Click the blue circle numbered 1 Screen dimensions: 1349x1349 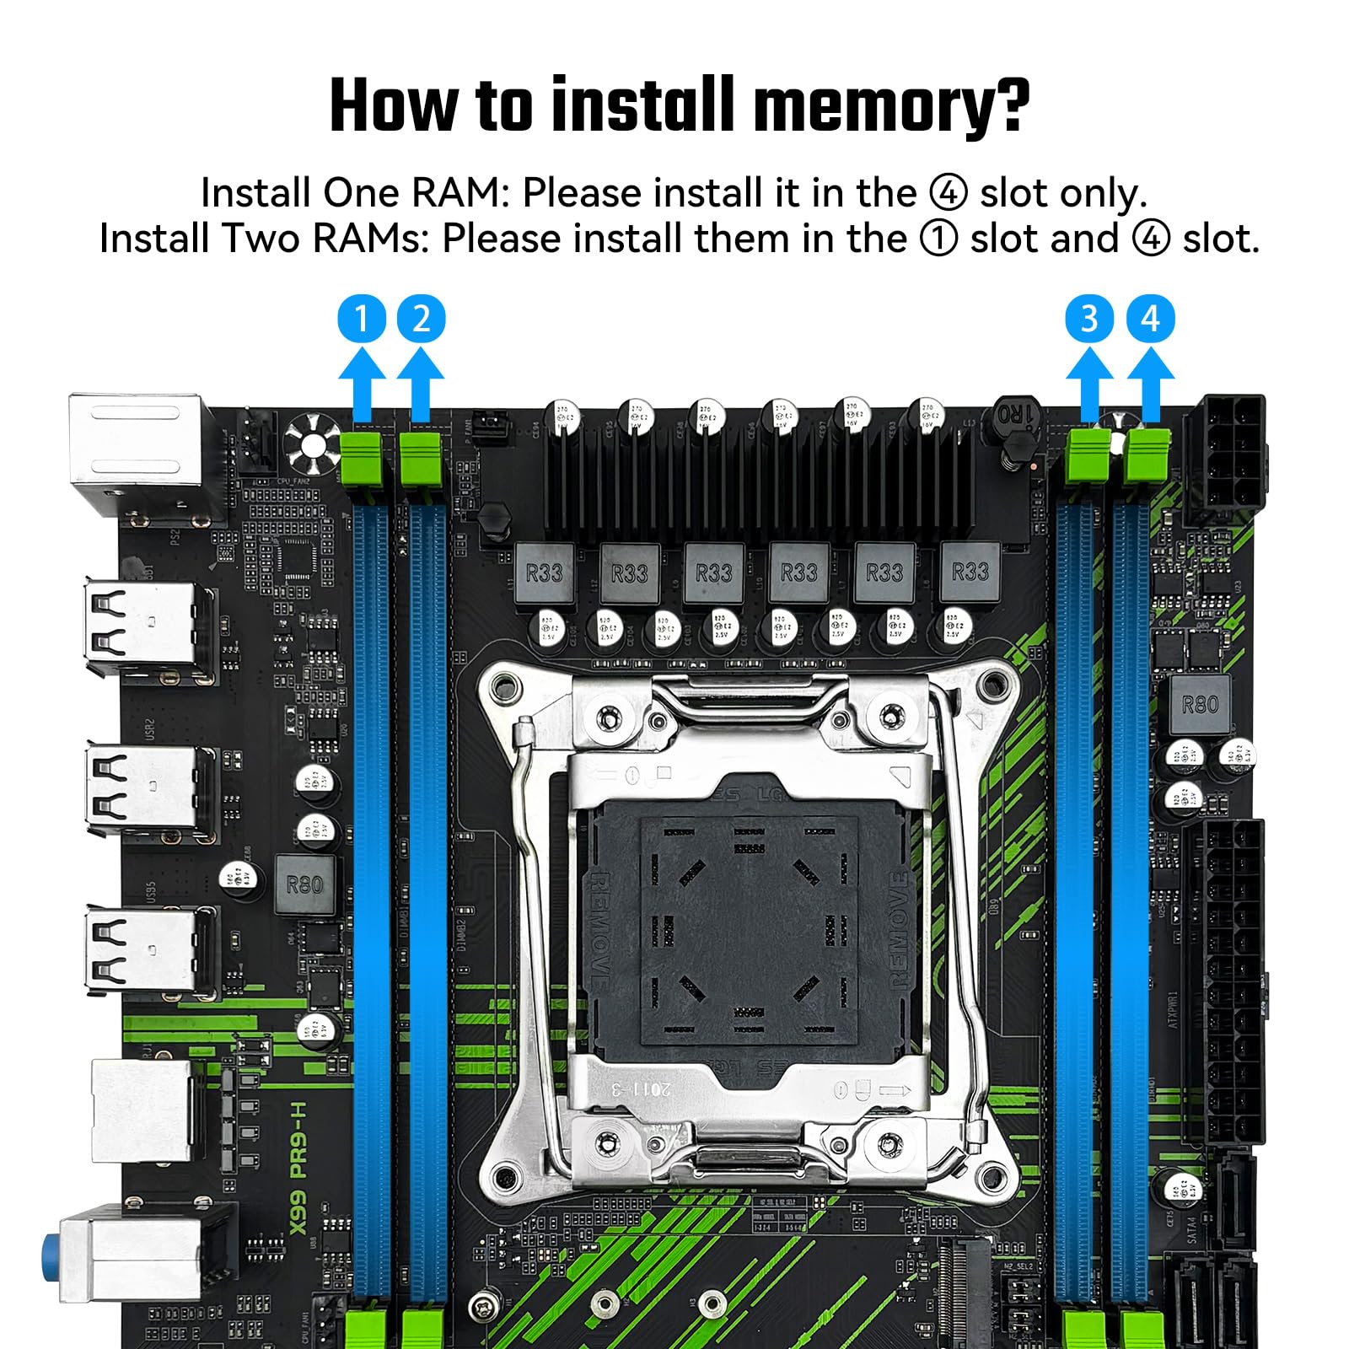(361, 319)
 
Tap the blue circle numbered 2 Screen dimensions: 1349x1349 (421, 319)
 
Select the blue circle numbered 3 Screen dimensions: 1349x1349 (1089, 319)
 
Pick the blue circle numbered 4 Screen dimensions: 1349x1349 (1150, 319)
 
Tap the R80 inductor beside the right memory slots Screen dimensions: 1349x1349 (1200, 704)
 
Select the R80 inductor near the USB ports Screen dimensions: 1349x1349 (304, 884)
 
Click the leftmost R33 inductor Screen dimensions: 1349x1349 (544, 573)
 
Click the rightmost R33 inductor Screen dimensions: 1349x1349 (970, 572)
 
